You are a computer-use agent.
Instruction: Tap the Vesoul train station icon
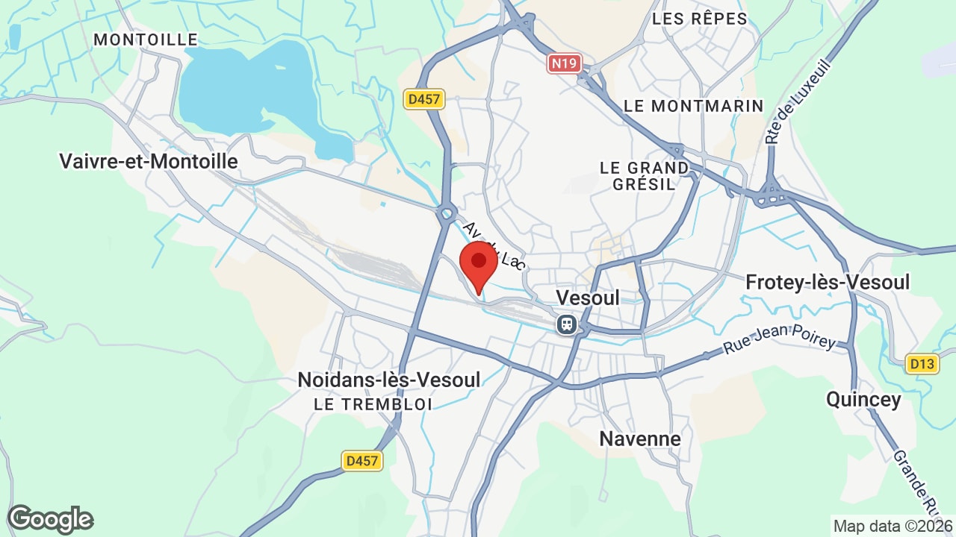tap(567, 324)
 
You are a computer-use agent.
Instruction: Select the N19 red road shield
tap(564, 63)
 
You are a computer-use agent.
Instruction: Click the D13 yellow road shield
tap(922, 364)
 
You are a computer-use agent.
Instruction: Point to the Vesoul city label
tap(588, 298)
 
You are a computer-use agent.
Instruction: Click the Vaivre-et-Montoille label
tap(148, 161)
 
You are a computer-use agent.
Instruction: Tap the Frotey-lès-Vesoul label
tap(828, 282)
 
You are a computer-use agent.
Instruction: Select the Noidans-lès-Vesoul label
tap(388, 379)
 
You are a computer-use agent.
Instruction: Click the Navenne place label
tap(640, 439)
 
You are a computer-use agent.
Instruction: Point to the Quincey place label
tap(863, 399)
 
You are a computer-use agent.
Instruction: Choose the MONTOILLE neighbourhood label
tap(146, 40)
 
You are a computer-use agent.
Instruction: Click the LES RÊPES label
tap(699, 19)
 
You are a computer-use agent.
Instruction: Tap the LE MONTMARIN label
tap(694, 106)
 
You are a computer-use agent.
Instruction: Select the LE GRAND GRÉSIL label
tap(644, 176)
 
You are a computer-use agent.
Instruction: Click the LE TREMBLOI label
tap(373, 404)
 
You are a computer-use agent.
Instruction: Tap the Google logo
tap(50, 519)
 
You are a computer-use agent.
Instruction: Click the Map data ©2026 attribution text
tap(893, 526)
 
